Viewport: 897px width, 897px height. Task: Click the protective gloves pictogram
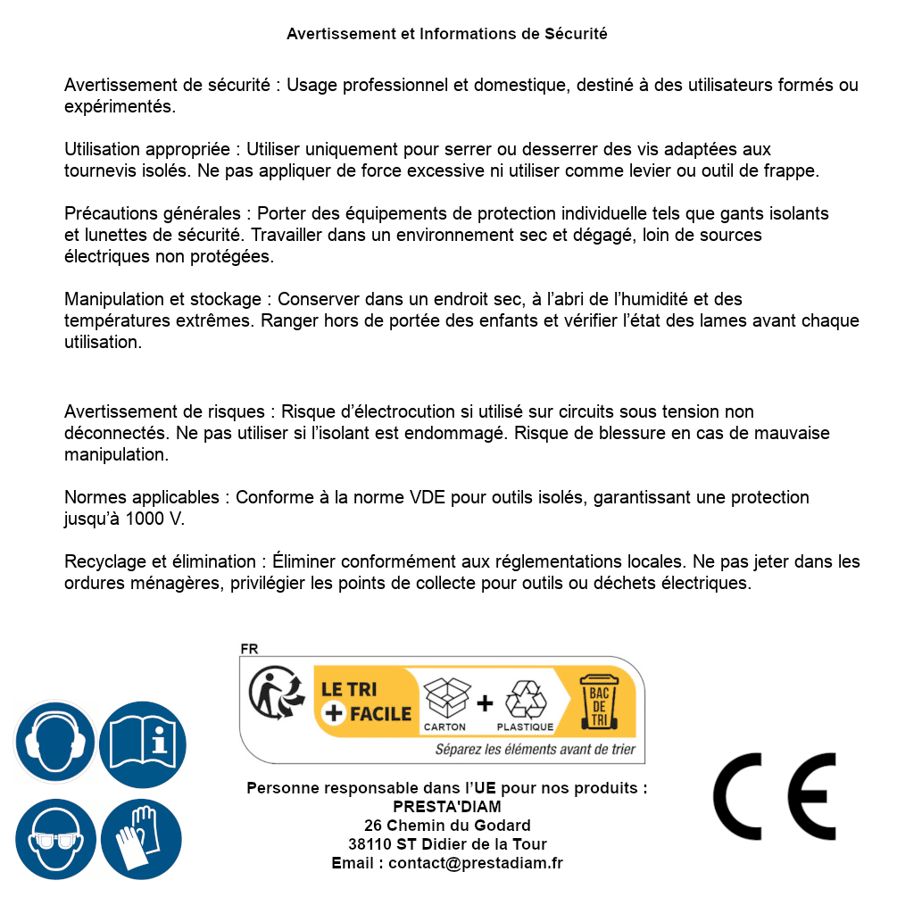point(142,839)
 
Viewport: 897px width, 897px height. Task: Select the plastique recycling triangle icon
point(525,699)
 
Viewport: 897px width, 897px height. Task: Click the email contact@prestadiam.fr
point(476,863)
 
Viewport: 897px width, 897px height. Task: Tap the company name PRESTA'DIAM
point(447,807)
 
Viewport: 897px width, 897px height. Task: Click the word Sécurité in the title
point(576,34)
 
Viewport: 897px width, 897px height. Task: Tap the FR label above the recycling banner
point(249,649)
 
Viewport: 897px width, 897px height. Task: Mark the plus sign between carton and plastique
point(485,703)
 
